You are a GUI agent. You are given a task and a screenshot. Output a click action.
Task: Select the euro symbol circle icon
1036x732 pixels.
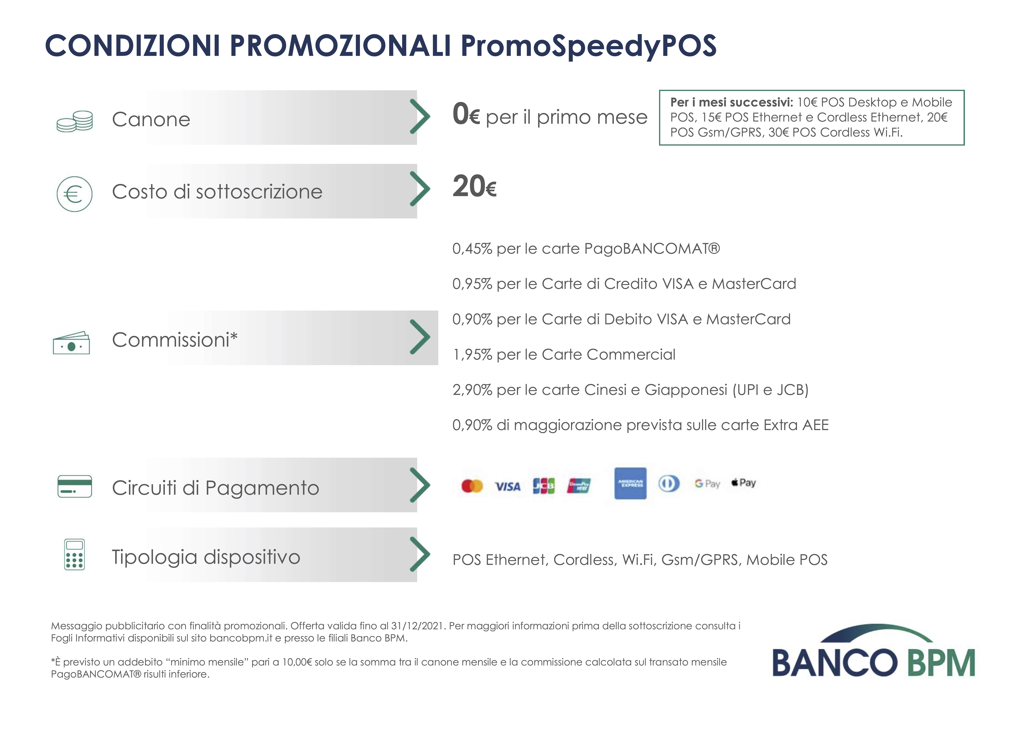tap(74, 194)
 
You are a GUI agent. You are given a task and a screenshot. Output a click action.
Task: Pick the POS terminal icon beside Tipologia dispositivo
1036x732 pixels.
tap(74, 554)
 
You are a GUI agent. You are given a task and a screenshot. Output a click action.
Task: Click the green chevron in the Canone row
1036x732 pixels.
tap(420, 117)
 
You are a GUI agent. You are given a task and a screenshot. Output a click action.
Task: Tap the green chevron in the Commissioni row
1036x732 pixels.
tap(420, 337)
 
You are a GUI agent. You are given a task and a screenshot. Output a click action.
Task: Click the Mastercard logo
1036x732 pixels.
tap(472, 486)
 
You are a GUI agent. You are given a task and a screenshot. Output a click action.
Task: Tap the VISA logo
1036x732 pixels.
tap(508, 486)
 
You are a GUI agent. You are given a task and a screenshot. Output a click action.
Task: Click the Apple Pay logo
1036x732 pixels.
tap(744, 483)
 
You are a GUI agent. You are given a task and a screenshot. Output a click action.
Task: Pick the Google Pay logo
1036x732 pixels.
tap(707, 484)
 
